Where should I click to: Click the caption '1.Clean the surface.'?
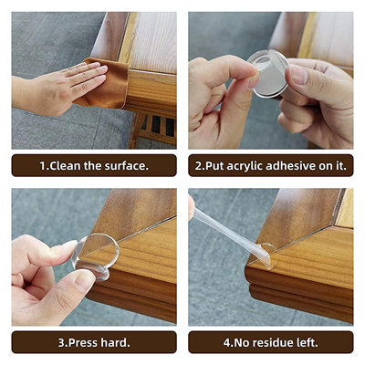[94, 166]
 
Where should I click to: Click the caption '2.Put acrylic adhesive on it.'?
[271, 166]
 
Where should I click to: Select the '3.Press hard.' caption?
[94, 342]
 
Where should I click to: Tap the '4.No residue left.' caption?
[271, 342]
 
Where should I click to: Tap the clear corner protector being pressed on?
[99, 253]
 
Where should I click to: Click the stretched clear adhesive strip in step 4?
[228, 229]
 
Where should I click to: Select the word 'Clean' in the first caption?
[68, 166]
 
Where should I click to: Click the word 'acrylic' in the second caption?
[252, 166]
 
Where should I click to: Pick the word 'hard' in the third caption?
[113, 342]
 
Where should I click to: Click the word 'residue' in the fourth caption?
[274, 342]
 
